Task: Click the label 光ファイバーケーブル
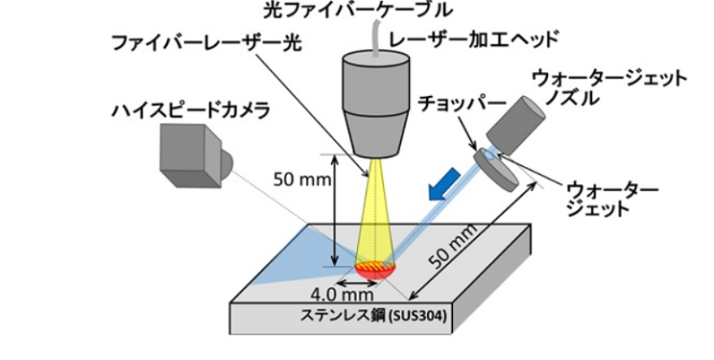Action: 358,10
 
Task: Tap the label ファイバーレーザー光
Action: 206,43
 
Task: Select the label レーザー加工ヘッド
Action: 473,40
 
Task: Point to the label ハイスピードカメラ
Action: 191,110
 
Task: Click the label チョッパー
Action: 462,104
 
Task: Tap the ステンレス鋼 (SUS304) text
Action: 373,315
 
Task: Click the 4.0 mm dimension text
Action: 342,295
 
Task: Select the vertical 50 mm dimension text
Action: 302,180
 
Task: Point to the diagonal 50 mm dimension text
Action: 454,247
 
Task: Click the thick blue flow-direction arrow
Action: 444,184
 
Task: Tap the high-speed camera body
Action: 191,155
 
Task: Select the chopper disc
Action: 495,170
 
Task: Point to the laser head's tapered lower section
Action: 376,134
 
